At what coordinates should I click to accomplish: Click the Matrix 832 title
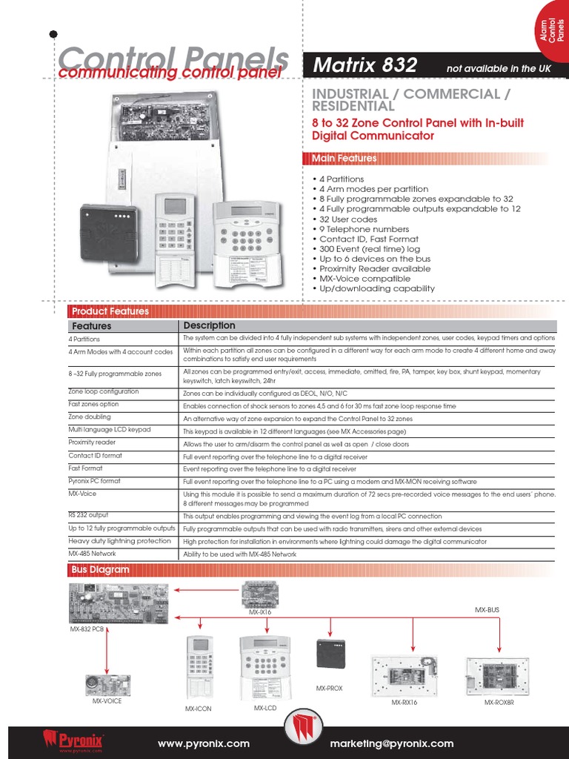365,65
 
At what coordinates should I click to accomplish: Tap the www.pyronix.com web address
204,743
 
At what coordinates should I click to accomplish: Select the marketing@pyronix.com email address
392,743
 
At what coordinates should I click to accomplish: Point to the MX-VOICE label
107,700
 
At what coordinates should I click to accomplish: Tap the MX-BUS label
487,609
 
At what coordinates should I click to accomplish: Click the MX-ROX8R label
499,702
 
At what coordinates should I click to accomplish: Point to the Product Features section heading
110,311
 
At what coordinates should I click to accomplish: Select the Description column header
210,325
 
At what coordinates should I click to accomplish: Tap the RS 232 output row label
88,514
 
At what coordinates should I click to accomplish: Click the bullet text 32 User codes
348,219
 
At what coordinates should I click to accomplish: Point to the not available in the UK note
498,69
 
